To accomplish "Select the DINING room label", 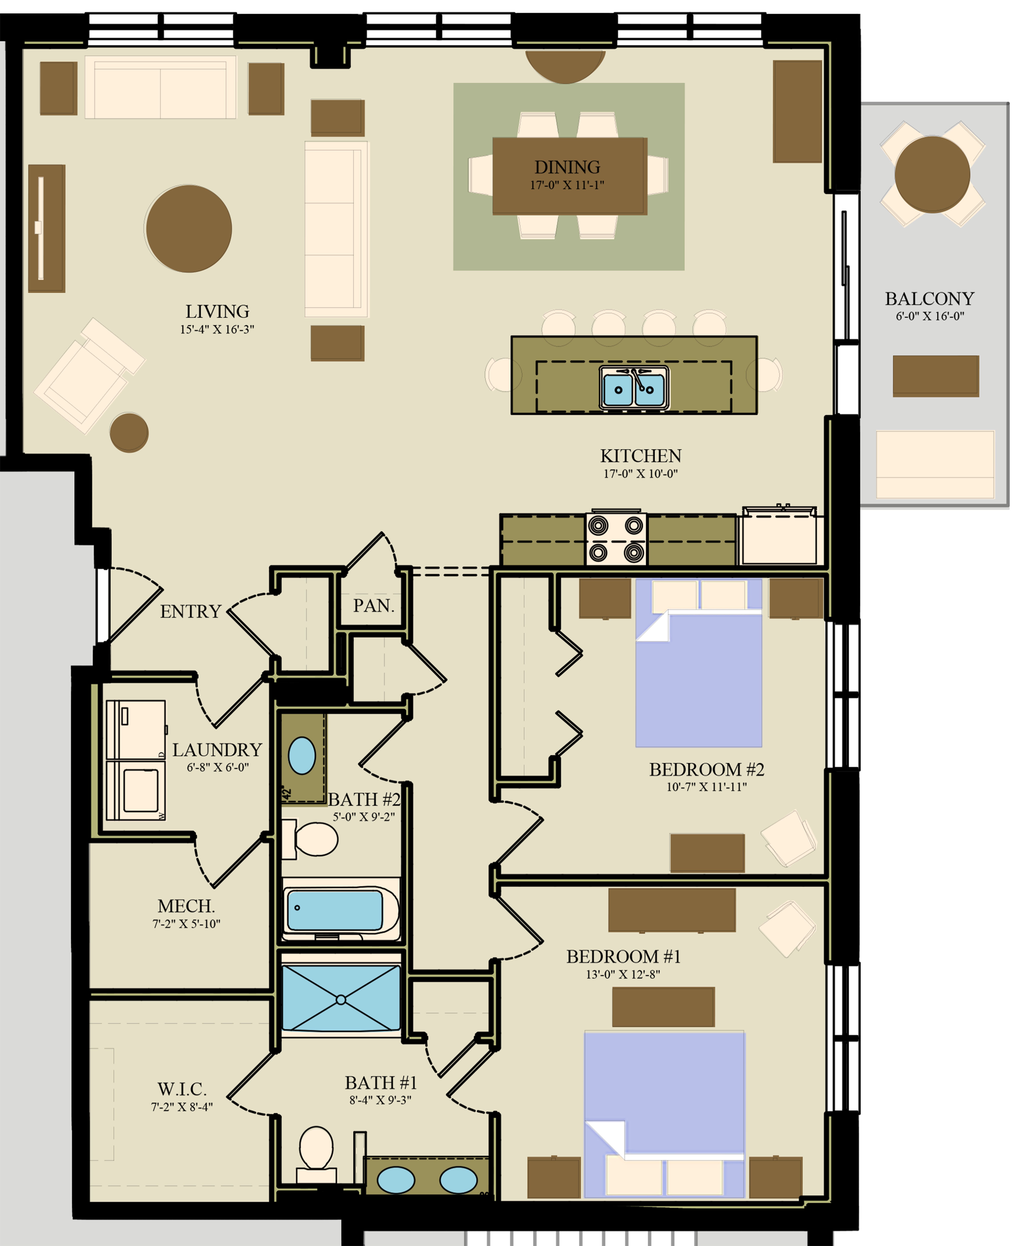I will click(567, 167).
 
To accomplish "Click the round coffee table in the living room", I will click(189, 229).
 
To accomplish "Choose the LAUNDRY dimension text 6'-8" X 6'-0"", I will click(218, 767).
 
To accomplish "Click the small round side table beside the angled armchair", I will click(129, 433).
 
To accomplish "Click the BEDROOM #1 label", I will click(623, 956).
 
